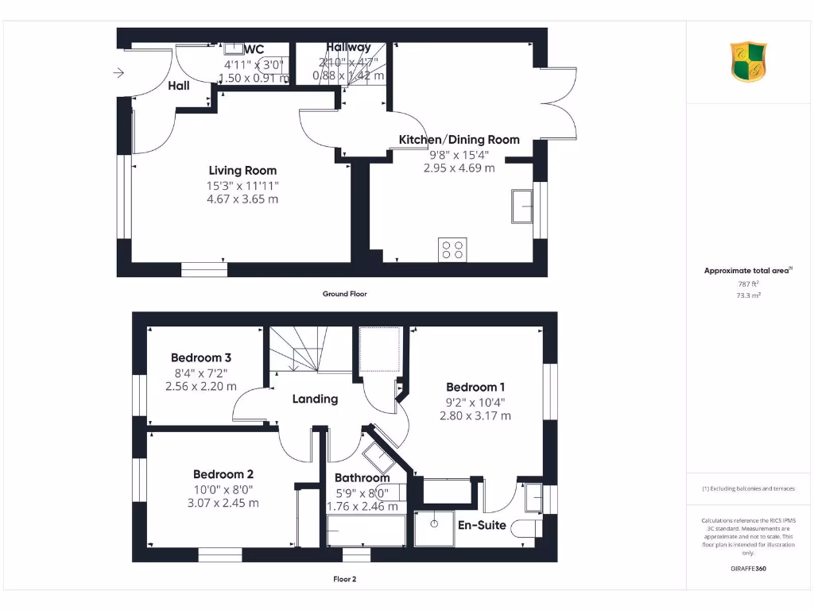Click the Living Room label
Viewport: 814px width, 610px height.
point(242,170)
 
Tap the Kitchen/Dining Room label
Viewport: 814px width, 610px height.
point(459,140)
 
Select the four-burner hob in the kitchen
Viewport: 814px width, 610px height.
point(452,249)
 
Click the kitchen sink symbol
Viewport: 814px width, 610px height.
point(523,207)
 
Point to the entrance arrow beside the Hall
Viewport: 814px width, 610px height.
point(119,74)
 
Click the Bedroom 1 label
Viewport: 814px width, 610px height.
point(475,387)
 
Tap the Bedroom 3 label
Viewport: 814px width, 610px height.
point(200,358)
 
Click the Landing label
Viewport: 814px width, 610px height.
point(315,399)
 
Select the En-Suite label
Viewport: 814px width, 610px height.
point(482,524)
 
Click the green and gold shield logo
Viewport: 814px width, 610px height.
point(748,62)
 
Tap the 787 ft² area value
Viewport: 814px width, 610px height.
point(747,284)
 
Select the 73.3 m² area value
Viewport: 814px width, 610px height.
point(747,295)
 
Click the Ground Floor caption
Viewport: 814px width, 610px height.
point(344,294)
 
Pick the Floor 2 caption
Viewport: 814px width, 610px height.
point(344,579)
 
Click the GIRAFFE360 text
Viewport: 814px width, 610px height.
point(748,569)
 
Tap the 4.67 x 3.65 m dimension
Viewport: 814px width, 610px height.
point(242,199)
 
